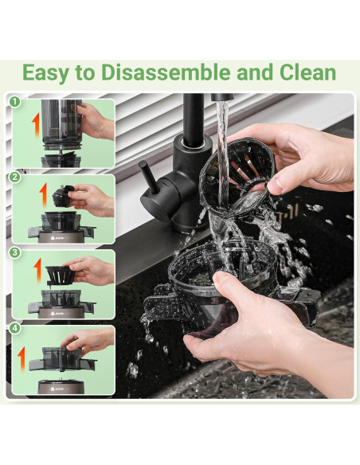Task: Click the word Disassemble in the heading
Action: pos(166,72)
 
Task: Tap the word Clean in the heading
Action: pos(307,72)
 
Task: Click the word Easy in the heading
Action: pos(46,73)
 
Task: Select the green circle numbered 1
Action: pos(14,102)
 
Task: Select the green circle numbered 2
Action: pos(14,177)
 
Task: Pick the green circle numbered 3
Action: pos(14,252)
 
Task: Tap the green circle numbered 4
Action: pos(14,328)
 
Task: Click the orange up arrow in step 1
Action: pos(36,124)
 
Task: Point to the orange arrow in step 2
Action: pos(44,194)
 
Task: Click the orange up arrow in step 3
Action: pos(37,269)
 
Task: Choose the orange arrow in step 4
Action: pos(22,359)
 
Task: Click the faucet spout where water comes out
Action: pos(222,97)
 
